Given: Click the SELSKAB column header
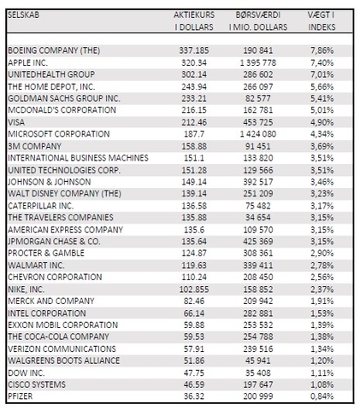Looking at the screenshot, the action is pyautogui.click(x=23, y=15).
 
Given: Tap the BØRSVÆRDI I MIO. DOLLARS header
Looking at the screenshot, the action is pyautogui.click(x=258, y=20).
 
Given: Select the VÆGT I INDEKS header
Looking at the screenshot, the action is pyautogui.click(x=322, y=20).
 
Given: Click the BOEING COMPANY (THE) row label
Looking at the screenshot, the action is pyautogui.click(x=54, y=50).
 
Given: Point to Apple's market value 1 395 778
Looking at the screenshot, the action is pyautogui.click(x=258, y=62).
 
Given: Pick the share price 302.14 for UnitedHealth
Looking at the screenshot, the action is pyautogui.click(x=194, y=74).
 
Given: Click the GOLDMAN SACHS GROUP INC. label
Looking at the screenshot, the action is pyautogui.click(x=64, y=98).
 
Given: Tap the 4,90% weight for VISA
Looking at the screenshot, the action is pyautogui.click(x=322, y=122).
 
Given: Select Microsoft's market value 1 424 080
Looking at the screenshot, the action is pyautogui.click(x=258, y=134).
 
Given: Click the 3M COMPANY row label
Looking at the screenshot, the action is pyautogui.click(x=34, y=146).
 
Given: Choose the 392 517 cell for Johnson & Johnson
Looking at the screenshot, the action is pyautogui.click(x=258, y=182).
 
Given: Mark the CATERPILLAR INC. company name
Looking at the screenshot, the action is pyautogui.click(x=40, y=206).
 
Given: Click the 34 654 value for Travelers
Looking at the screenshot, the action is pyautogui.click(x=258, y=218).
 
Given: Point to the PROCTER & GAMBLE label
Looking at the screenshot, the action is pyautogui.click(x=46, y=253).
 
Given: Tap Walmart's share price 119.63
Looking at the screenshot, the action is pyautogui.click(x=194, y=266).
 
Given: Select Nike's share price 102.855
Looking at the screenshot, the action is pyautogui.click(x=194, y=290).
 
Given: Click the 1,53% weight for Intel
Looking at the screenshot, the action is pyautogui.click(x=322, y=313).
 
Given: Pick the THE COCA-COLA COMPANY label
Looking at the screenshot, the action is pyautogui.click(x=58, y=337).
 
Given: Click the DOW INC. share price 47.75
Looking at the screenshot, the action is pyautogui.click(x=194, y=373).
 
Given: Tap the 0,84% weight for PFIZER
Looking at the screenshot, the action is pyautogui.click(x=322, y=396).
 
